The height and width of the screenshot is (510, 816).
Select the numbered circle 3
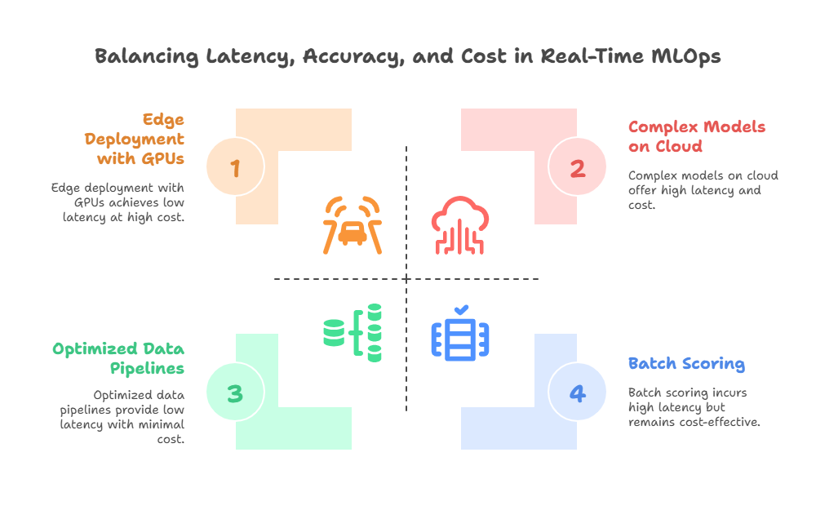[235, 393]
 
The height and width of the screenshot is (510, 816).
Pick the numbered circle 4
[577, 393]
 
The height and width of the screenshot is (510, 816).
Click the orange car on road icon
[352, 224]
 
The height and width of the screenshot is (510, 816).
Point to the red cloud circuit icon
[461, 224]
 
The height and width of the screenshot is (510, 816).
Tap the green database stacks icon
[353, 331]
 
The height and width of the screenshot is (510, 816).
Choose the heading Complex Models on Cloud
[697, 137]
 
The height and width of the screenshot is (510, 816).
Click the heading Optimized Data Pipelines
[118, 359]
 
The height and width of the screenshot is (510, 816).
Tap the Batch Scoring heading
[686, 363]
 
